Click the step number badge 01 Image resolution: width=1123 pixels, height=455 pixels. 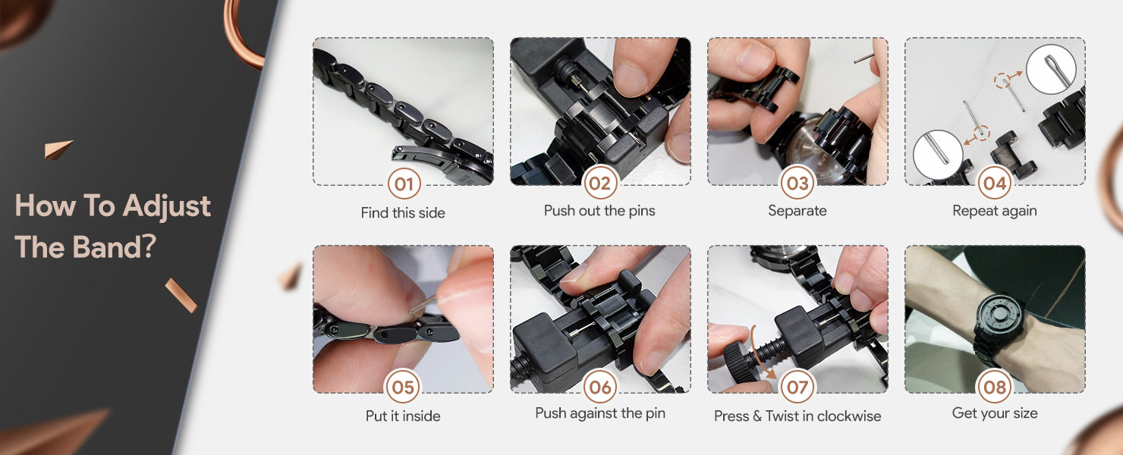pyautogui.click(x=404, y=184)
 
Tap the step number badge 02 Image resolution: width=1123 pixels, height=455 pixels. pyautogui.click(x=600, y=183)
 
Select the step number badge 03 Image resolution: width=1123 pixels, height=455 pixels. pyautogui.click(x=797, y=183)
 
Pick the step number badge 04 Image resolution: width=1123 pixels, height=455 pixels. pyautogui.click(x=995, y=183)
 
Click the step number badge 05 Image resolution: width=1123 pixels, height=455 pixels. pyautogui.click(x=403, y=387)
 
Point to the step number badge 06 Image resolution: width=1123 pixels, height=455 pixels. pyautogui.click(x=600, y=387)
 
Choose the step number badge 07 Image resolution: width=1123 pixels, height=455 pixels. pyautogui.click(x=797, y=387)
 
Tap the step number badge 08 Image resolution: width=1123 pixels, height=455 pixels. pyautogui.click(x=995, y=387)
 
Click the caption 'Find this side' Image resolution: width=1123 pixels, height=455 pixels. pyautogui.click(x=403, y=213)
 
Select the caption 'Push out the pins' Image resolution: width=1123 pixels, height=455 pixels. pyautogui.click(x=599, y=211)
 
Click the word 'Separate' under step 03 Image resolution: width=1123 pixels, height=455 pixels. pyautogui.click(x=797, y=211)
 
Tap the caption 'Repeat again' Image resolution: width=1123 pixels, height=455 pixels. pyautogui.click(x=995, y=212)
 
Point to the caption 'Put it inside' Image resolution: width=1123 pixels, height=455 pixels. pyautogui.click(x=403, y=416)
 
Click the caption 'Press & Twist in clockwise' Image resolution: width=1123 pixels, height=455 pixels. pyautogui.click(x=797, y=416)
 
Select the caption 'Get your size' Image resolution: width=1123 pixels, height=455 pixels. pyautogui.click(x=995, y=413)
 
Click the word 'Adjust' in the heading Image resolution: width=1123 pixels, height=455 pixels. pyautogui.click(x=167, y=207)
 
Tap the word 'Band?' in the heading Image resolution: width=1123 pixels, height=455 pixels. pyautogui.click(x=115, y=247)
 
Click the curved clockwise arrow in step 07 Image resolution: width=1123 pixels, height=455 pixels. pyautogui.click(x=760, y=352)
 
